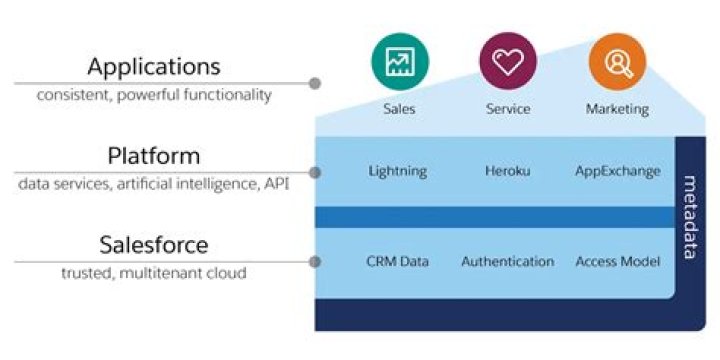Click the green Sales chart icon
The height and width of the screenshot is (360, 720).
click(x=400, y=62)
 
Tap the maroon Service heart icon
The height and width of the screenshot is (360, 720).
click(x=508, y=61)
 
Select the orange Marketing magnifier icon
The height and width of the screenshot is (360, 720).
click(x=618, y=62)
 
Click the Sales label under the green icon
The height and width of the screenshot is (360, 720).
click(x=399, y=109)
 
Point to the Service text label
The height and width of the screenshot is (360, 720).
click(x=508, y=109)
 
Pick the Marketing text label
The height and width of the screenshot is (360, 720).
click(x=618, y=110)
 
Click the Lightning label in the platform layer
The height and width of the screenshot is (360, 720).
click(x=398, y=172)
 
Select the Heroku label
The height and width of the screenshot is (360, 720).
click(x=508, y=171)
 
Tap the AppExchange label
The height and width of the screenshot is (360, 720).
click(x=618, y=172)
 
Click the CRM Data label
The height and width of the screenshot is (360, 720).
click(x=398, y=262)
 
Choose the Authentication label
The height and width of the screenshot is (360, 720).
click(x=508, y=262)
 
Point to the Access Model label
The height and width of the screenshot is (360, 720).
click(x=618, y=262)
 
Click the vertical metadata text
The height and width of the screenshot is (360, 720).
click(x=690, y=218)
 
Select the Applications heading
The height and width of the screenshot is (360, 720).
click(x=154, y=67)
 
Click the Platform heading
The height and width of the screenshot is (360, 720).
click(x=154, y=156)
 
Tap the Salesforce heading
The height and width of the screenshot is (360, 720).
click(x=154, y=245)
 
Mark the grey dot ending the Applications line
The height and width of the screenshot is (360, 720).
click(x=315, y=84)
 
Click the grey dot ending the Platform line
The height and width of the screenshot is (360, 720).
click(x=315, y=173)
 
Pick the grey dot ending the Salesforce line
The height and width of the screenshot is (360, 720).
click(x=315, y=262)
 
